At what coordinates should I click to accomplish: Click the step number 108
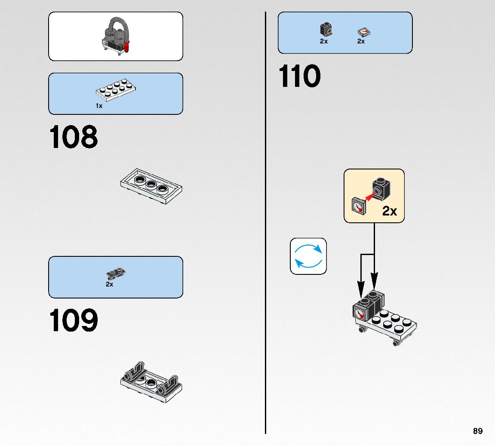pos(74,137)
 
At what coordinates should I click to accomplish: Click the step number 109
pos(74,320)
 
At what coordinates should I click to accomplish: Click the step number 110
pos(300,77)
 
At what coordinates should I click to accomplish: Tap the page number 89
pos(477,431)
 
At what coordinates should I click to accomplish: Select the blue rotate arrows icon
pos(308,256)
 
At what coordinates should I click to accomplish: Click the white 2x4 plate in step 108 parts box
pos(116,89)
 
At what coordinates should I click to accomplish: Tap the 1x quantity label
pos(99,106)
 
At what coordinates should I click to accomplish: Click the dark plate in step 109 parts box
pos(115,272)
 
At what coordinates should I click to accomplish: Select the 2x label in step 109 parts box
pos(110,284)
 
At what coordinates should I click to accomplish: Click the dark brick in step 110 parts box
pos(326,30)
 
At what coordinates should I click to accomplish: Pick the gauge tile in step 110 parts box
pos(364,32)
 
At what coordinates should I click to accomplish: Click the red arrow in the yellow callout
pos(368,196)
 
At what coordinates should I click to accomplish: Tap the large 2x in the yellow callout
pos(390,211)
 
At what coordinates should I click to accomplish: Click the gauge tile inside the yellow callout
pos(358,206)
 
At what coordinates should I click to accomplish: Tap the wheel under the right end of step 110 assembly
pos(396,343)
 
